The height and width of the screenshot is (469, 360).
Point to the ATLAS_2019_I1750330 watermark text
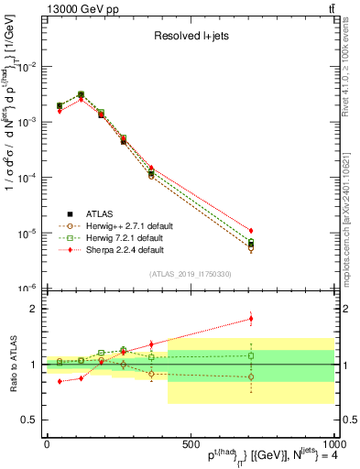click(191, 274)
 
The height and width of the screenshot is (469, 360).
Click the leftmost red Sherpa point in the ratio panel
click(60, 381)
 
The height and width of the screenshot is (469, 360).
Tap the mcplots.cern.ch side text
click(351, 220)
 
